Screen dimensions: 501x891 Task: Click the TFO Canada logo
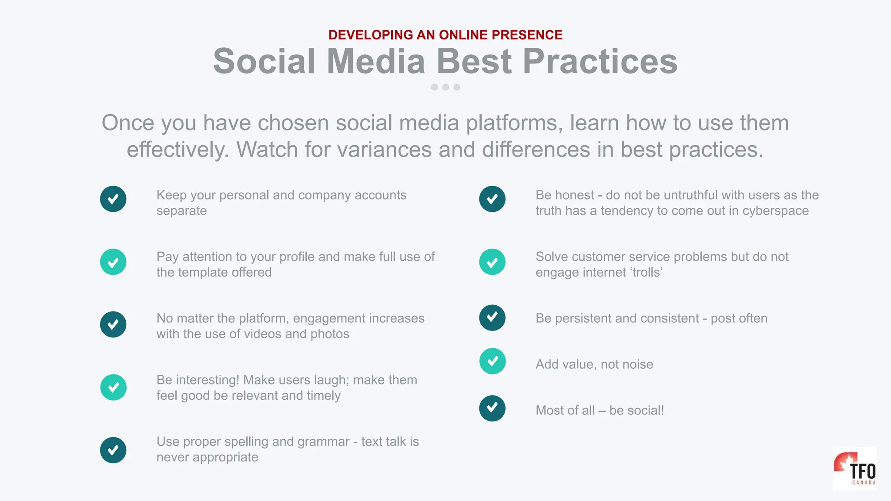(854, 469)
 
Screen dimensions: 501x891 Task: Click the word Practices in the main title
(600, 61)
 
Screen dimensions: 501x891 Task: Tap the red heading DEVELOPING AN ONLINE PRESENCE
(445, 35)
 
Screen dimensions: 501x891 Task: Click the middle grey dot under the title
(445, 87)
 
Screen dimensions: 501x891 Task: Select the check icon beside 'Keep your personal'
(113, 199)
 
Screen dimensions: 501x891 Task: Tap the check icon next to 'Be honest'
(492, 199)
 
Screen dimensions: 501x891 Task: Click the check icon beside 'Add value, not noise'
(492, 361)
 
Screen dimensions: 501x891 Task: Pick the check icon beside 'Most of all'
(492, 408)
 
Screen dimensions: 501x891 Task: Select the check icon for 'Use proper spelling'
(113, 450)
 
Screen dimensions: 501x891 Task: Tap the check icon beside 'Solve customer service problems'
(492, 262)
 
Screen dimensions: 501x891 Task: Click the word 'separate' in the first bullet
(181, 211)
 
